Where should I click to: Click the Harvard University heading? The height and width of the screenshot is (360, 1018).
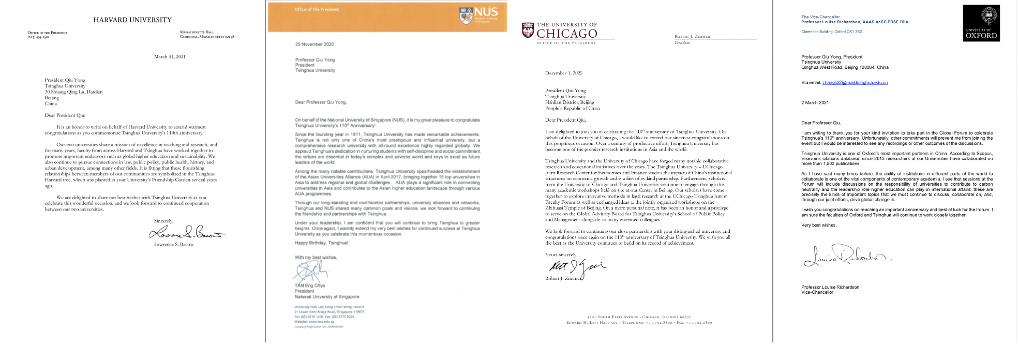(x=132, y=20)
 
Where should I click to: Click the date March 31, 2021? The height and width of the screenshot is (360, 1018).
(x=170, y=57)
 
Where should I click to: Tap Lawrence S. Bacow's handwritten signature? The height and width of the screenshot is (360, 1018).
(x=187, y=232)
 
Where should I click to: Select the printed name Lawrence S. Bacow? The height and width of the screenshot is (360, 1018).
(x=174, y=245)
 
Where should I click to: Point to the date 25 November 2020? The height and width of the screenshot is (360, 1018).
(x=315, y=44)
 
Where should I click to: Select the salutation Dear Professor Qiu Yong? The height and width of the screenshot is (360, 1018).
(x=321, y=102)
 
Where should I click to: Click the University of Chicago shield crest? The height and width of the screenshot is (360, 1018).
(x=528, y=30)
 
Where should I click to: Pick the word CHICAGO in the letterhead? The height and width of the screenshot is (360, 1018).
(x=567, y=34)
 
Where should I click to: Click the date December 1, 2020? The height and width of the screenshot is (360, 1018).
(x=564, y=73)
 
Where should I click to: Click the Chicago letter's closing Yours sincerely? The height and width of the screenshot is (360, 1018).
(x=561, y=254)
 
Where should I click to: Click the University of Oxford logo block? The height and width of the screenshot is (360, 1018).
(x=981, y=23)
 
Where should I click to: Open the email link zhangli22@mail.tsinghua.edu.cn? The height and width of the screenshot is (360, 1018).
(x=855, y=83)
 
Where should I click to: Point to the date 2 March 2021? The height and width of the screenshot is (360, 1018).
(x=815, y=103)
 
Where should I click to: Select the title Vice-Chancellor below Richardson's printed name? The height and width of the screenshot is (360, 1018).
(x=817, y=293)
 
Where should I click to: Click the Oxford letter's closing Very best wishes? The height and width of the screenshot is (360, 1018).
(x=819, y=226)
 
